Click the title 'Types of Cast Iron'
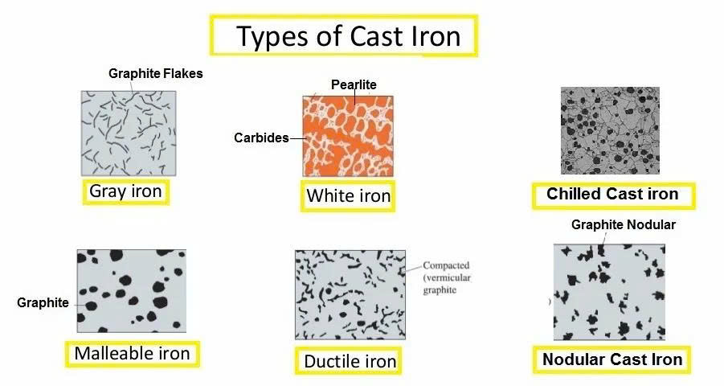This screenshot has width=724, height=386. pos(348,36)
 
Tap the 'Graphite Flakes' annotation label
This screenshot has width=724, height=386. pos(156,73)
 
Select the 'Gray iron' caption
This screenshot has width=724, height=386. pos(125,191)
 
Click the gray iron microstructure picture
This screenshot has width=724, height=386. pos(129,133)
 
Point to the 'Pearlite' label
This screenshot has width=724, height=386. pos(354,84)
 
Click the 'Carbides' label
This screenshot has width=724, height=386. pos(261,138)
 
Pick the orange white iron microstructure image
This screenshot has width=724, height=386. pos(348,137)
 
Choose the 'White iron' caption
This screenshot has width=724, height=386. pos(349,195)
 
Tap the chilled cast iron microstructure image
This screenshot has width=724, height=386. pos(610,131)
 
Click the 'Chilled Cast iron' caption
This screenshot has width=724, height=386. pos(613,194)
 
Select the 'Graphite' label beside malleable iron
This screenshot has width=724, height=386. pos(43,303)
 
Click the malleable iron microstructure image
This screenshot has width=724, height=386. pos(132,291)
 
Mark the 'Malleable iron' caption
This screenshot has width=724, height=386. pos(132,354)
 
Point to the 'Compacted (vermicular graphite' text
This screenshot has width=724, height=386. pos(447,277)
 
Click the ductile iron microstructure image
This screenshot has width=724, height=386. pos(350,295)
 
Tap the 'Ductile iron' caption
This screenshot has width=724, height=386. pos(350,361)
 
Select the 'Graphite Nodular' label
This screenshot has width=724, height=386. pos(624,224)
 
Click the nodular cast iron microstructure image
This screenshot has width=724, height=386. pos(609,292)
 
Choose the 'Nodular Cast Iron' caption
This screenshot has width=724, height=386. pos(612,359)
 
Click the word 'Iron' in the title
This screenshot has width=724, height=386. pos(434,36)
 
